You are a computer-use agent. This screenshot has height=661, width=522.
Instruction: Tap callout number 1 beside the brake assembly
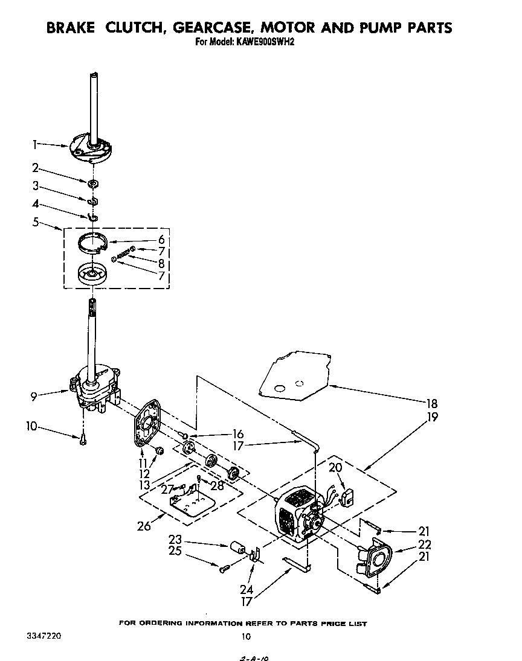[x=35, y=144]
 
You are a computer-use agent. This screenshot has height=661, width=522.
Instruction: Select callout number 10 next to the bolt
[x=31, y=427]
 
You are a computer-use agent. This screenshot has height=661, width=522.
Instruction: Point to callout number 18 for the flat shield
[x=431, y=404]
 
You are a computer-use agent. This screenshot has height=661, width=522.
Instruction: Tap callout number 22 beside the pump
[x=425, y=544]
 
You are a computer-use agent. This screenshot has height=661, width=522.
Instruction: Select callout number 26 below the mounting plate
[x=144, y=525]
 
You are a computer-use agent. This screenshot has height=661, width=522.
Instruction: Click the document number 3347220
[x=43, y=636]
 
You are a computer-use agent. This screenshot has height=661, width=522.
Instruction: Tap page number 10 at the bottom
[x=245, y=636]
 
